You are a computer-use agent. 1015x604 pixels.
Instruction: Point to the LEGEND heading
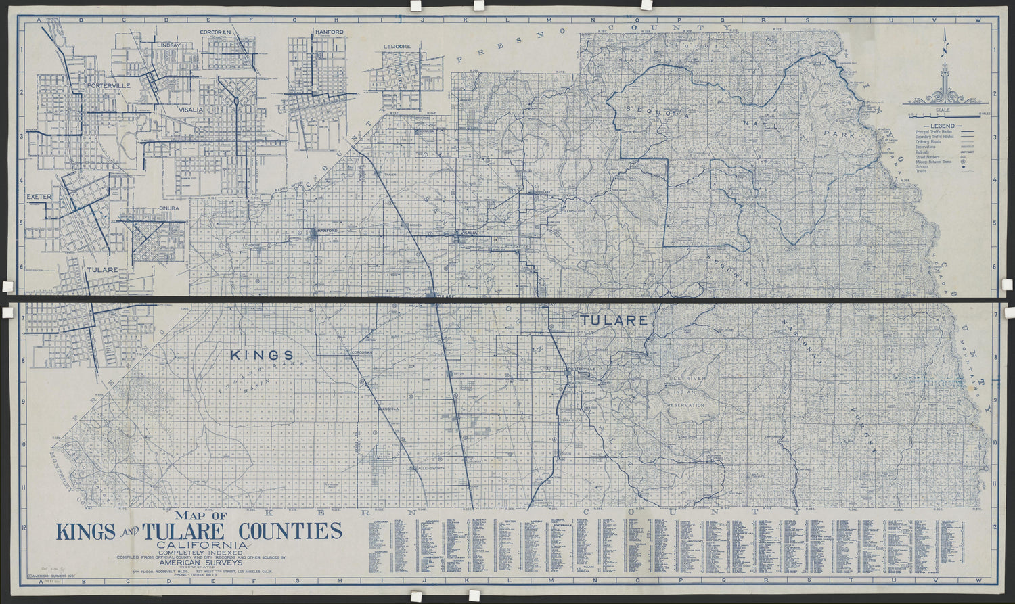942,126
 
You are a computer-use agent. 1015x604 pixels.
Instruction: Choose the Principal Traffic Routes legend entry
932,131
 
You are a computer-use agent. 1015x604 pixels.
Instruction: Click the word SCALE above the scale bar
943,110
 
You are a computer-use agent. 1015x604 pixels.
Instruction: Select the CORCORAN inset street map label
215,32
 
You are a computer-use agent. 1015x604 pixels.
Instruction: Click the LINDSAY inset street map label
168,45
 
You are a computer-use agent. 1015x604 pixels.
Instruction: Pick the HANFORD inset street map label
329,32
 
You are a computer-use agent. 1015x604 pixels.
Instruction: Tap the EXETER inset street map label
39,197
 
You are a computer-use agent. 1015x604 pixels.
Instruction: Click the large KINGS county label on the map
262,354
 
